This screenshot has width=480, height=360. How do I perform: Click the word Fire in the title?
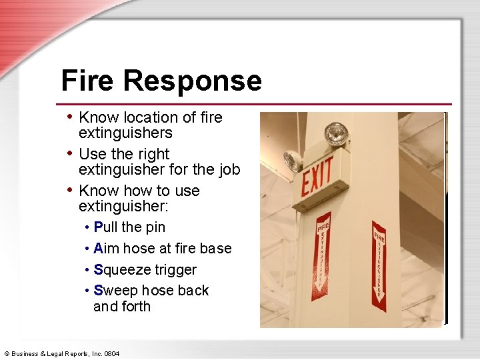click(x=89, y=81)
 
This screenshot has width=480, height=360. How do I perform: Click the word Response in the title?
click(x=193, y=81)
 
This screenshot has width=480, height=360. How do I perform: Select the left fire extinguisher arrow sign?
click(x=323, y=252)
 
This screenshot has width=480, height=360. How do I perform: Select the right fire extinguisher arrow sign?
click(x=379, y=265)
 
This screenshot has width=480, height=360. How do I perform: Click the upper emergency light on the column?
click(x=335, y=133)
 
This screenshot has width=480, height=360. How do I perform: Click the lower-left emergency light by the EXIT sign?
click(x=293, y=161)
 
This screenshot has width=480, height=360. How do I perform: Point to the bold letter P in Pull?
click(x=98, y=227)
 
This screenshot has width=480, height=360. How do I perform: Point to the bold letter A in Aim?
click(x=99, y=249)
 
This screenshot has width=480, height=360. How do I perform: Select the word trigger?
click(x=175, y=270)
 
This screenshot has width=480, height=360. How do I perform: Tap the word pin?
click(x=155, y=227)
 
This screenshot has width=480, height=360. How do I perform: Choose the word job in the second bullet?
click(x=228, y=170)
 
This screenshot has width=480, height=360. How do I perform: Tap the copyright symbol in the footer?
click(x=7, y=353)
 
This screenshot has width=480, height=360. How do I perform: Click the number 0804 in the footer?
click(x=111, y=353)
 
